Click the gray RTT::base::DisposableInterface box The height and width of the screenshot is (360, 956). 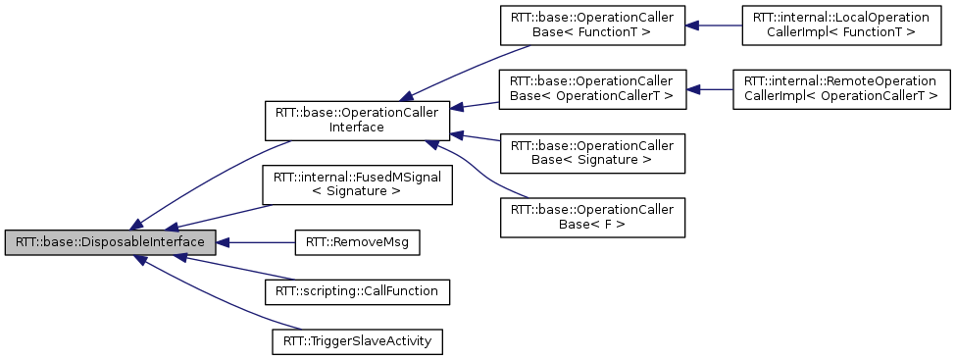[x=109, y=242]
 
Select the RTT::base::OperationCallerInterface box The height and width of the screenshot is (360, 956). [x=357, y=119]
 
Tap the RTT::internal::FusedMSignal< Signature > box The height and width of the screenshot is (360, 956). [x=357, y=184]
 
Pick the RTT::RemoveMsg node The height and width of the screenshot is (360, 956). [x=357, y=242]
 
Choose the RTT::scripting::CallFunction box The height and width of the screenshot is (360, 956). [x=357, y=291]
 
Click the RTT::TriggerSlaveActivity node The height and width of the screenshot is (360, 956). [x=357, y=340]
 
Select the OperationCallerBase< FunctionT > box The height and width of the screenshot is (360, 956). [x=591, y=26]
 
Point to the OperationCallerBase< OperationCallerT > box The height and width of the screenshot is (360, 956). [x=591, y=89]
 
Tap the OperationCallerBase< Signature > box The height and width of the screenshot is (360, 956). [x=591, y=152]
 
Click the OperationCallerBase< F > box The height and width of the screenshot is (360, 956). [x=591, y=216]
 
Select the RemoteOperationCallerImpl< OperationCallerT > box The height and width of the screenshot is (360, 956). [x=840, y=89]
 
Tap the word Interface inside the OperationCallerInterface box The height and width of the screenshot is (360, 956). [x=357, y=127]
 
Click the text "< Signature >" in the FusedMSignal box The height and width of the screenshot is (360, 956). [x=357, y=192]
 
